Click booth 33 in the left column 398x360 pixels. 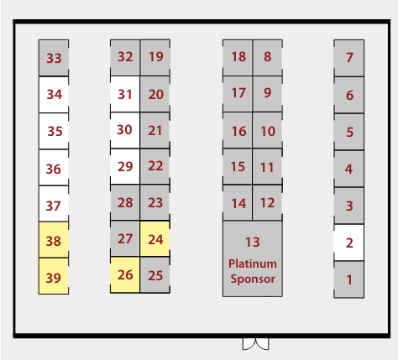click(x=54, y=58)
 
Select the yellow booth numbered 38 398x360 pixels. click(x=54, y=240)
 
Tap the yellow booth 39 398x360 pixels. click(x=54, y=276)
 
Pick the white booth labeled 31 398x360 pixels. click(x=125, y=94)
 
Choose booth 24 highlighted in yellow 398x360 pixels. click(x=155, y=238)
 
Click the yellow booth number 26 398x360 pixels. click(x=125, y=274)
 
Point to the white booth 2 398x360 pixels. click(x=349, y=243)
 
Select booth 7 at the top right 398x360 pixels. click(x=349, y=58)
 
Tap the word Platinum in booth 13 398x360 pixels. click(x=253, y=263)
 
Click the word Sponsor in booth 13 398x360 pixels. click(x=253, y=279)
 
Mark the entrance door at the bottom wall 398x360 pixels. click(x=255, y=344)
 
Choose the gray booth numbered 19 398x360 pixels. click(x=155, y=58)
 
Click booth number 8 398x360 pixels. click(x=267, y=57)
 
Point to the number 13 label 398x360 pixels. click(x=253, y=242)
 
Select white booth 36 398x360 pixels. click(x=54, y=168)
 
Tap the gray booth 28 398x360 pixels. click(x=125, y=202)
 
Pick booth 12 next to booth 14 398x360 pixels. click(x=267, y=202)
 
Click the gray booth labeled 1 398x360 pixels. click(x=349, y=279)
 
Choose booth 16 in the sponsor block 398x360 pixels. click(x=238, y=130)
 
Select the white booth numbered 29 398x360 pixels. click(x=125, y=166)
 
